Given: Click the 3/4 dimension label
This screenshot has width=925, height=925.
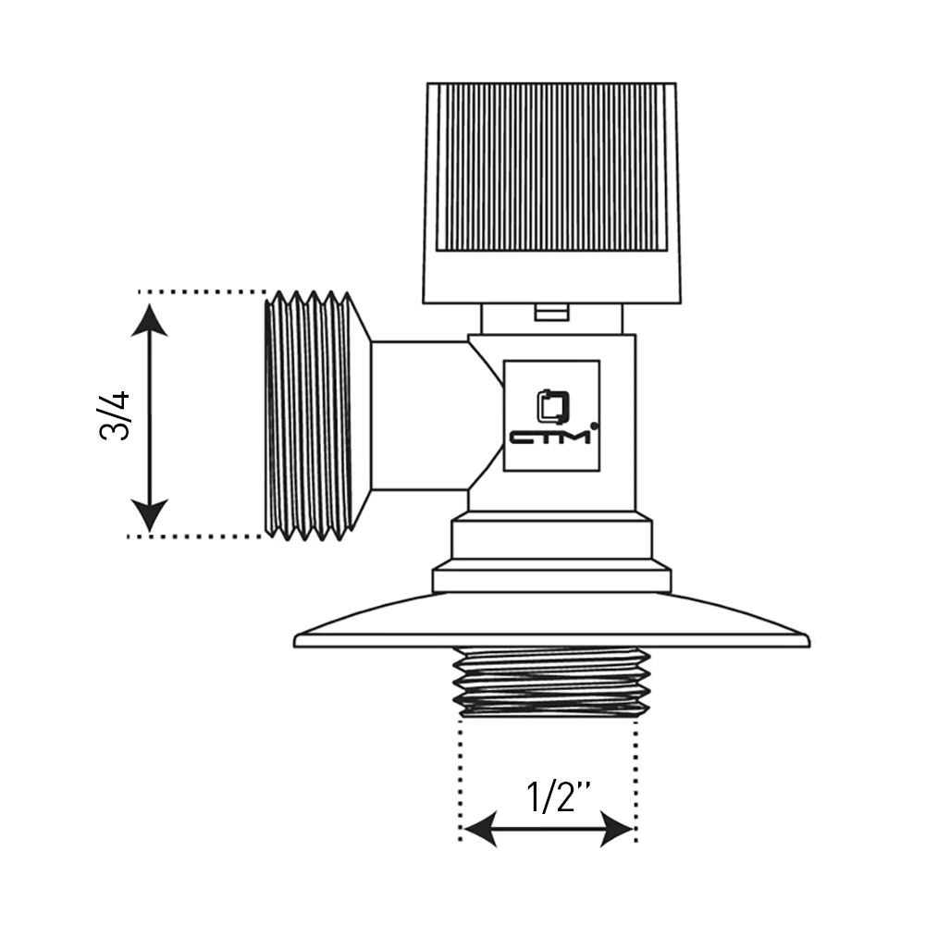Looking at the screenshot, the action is coord(114,415).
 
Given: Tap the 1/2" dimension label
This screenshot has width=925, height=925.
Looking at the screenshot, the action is coord(559,796).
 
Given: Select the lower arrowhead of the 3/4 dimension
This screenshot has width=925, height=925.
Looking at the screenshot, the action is coord(149,515).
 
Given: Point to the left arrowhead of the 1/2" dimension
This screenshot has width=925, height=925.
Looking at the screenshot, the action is coord(480,829).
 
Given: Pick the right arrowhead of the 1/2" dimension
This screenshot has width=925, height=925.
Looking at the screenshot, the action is coord(616,829).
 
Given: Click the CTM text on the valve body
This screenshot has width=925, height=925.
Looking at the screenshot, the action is coord(549,437).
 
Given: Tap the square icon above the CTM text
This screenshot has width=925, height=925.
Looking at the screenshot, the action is coord(553,406).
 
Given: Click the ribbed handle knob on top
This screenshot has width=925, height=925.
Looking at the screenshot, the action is coord(552,193).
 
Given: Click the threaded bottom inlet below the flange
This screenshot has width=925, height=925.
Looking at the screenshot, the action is coord(551,683).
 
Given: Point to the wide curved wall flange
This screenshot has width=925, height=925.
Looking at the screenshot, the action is coord(551,621).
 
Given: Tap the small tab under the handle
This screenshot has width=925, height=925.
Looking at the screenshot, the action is coord(552,313).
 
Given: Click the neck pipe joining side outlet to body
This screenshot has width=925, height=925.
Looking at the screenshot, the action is coord(420,415).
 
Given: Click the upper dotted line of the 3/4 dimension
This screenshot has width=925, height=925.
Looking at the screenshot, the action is coord(202,291).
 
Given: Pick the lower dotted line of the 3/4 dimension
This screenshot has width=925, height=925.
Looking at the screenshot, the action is coord(195,536).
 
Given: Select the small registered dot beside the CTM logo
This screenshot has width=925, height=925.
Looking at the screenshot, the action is coord(594,425).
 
